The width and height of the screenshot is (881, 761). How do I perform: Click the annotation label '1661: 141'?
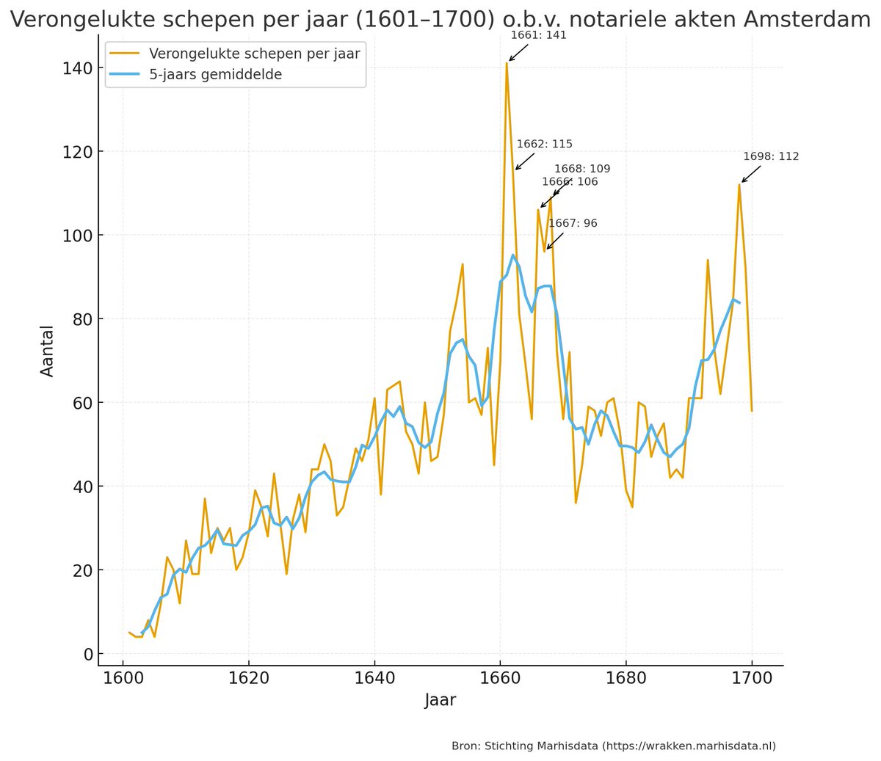(x=538, y=35)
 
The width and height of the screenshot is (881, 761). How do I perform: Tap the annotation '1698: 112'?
(x=771, y=156)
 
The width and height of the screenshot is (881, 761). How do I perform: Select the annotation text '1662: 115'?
(x=544, y=144)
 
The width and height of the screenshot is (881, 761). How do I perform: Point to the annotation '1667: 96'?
(x=573, y=223)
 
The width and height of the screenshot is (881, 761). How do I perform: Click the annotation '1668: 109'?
(x=581, y=169)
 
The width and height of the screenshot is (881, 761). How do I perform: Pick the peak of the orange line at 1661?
(x=507, y=63)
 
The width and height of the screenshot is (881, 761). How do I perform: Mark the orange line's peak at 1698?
(x=739, y=184)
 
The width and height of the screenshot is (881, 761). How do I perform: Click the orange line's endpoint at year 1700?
(x=752, y=410)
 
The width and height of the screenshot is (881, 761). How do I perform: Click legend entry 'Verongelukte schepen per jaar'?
(x=254, y=54)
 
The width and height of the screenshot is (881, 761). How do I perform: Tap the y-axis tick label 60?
(x=83, y=403)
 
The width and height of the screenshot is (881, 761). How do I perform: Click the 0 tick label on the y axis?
(x=88, y=654)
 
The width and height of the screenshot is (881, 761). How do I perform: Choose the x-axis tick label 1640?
(x=374, y=677)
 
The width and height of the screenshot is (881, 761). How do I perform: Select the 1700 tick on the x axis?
(x=752, y=677)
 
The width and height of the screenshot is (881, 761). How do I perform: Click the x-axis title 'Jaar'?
(x=440, y=700)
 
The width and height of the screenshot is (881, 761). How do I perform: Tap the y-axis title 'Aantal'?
(x=48, y=350)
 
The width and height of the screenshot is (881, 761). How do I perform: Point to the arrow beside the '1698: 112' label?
(x=751, y=174)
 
